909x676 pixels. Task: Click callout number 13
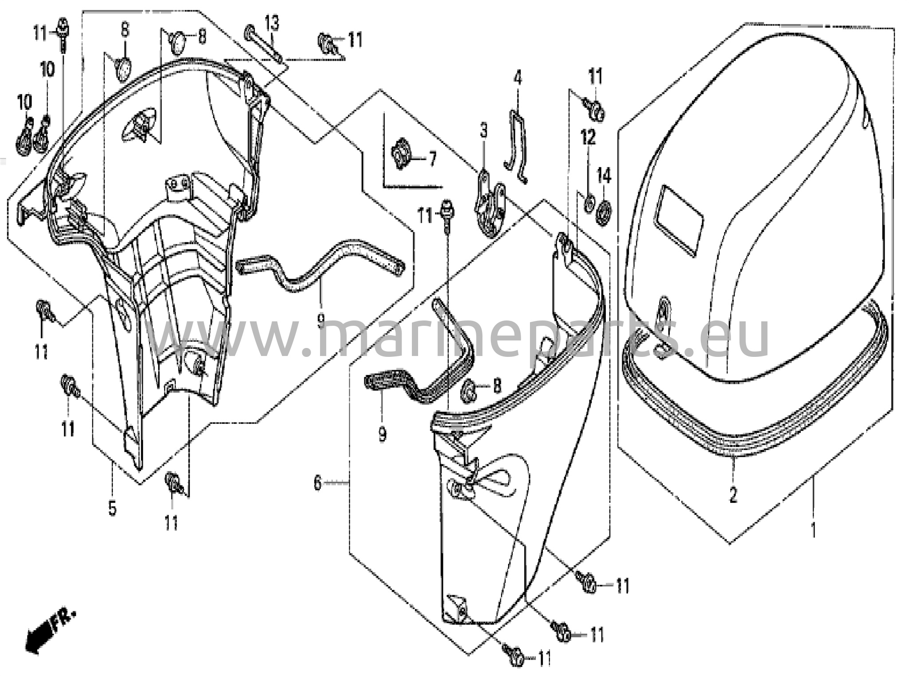pyautogui.click(x=272, y=24)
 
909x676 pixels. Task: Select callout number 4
pyautogui.click(x=518, y=79)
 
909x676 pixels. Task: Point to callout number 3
pyautogui.click(x=484, y=131)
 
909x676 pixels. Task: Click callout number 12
pyautogui.click(x=589, y=138)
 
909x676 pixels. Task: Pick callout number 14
pyautogui.click(x=604, y=176)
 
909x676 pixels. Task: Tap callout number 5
pyautogui.click(x=112, y=508)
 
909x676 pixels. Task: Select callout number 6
pyautogui.click(x=317, y=482)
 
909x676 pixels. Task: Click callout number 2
pyautogui.click(x=733, y=494)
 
